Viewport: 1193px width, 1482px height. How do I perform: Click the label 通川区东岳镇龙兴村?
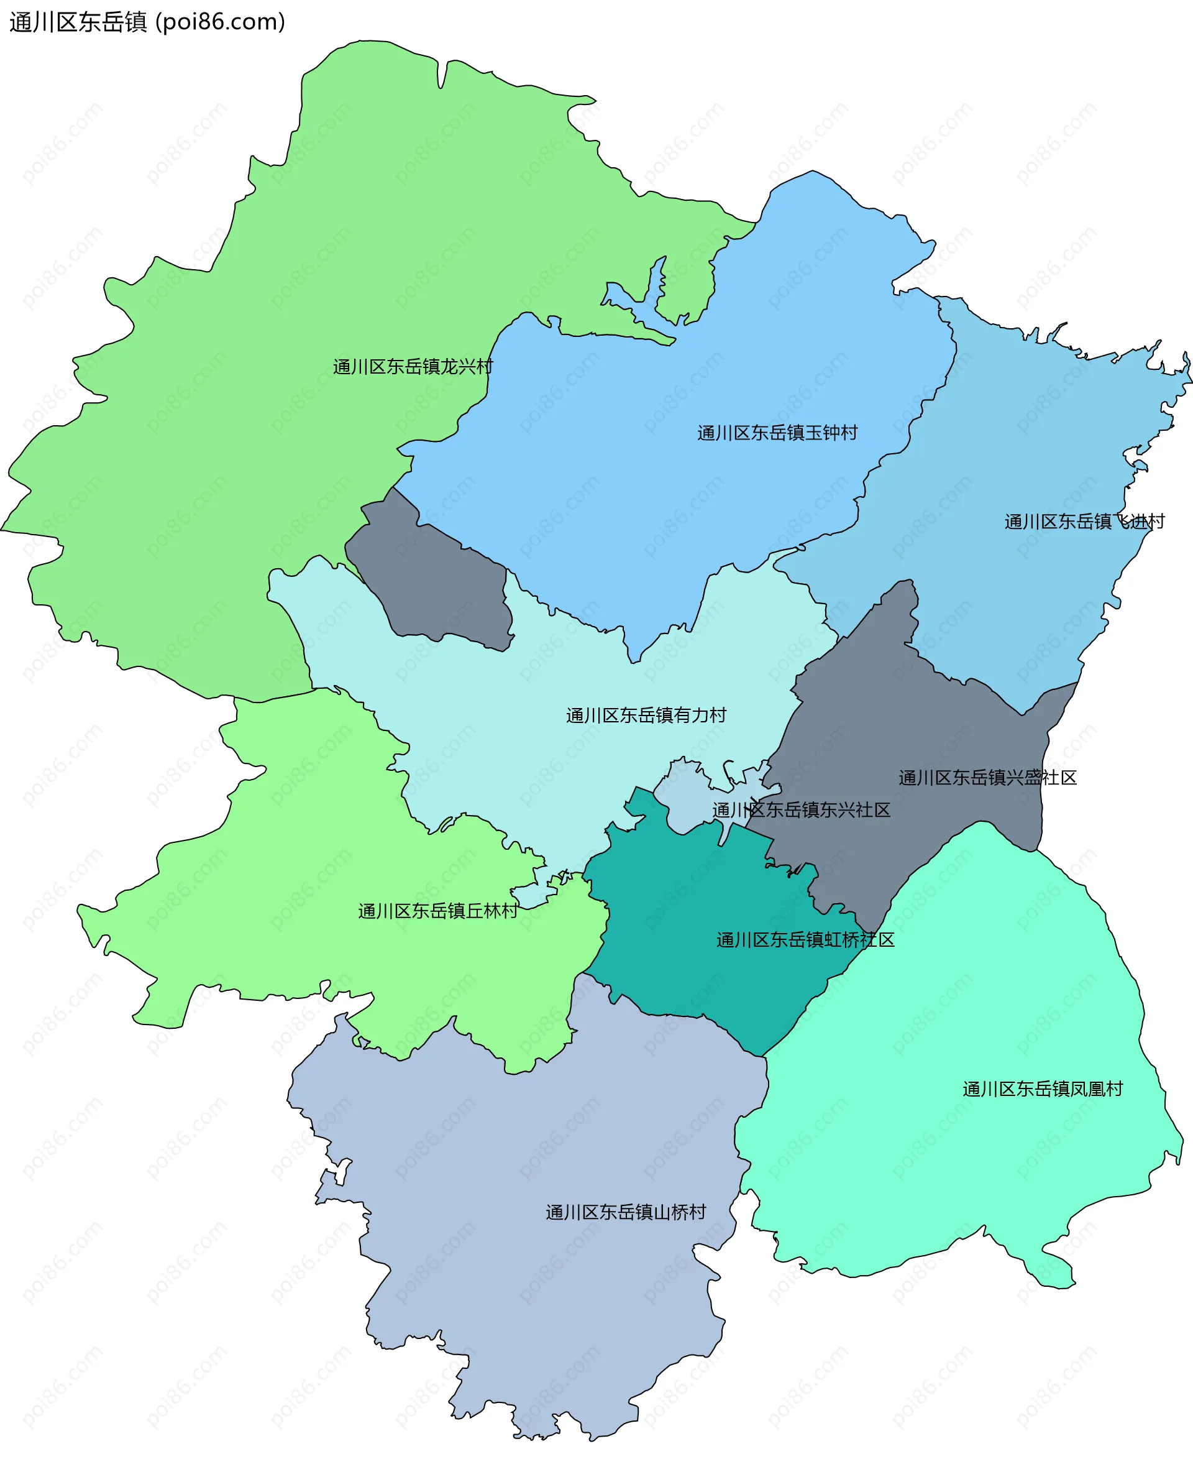413,366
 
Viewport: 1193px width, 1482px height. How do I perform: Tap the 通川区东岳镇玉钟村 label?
777,433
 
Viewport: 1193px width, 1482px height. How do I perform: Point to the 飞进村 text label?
1084,521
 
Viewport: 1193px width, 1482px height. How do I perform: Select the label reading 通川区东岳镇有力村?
646,715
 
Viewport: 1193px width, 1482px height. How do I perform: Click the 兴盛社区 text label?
987,778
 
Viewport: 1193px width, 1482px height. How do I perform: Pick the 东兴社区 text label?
802,810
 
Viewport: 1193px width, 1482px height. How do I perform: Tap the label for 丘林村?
438,911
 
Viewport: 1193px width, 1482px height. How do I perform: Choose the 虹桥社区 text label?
805,940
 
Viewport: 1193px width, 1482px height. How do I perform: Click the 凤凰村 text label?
1043,1089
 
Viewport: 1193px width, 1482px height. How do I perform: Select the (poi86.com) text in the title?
220,22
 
